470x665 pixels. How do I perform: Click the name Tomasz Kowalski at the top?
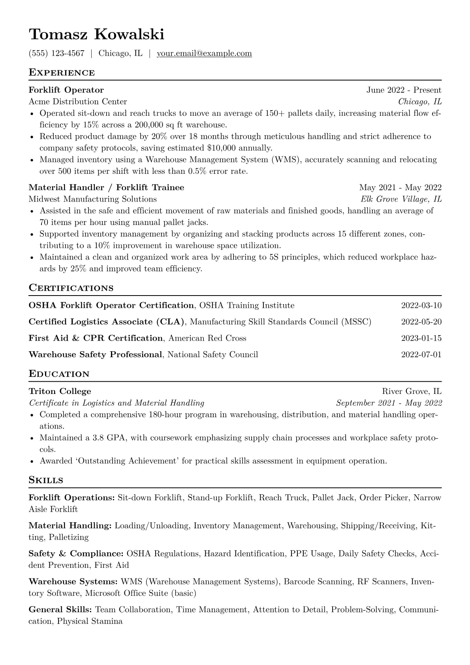pyautogui.click(x=96, y=35)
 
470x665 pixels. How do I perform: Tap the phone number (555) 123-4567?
pyautogui.click(x=56, y=53)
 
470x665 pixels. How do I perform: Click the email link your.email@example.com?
pyautogui.click(x=204, y=53)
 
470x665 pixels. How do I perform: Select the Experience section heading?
pyautogui.click(x=62, y=73)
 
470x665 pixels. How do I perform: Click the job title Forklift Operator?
pyautogui.click(x=66, y=90)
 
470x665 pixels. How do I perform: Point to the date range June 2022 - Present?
pyautogui.click(x=404, y=90)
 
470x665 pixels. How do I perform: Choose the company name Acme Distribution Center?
pyautogui.click(x=78, y=102)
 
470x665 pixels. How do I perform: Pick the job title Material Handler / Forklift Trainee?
pyautogui.click(x=106, y=187)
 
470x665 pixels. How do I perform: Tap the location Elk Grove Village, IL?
pyautogui.click(x=401, y=199)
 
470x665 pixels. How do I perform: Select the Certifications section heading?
pyautogui.click(x=71, y=288)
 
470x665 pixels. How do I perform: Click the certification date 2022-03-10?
pyautogui.click(x=421, y=305)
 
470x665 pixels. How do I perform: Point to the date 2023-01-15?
pyautogui.click(x=421, y=338)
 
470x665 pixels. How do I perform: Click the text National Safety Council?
pyautogui.click(x=212, y=354)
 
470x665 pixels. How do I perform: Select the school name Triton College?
pyautogui.click(x=60, y=391)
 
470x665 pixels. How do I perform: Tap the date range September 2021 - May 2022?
pyautogui.click(x=389, y=403)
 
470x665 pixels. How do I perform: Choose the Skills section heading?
pyautogui.click(x=46, y=480)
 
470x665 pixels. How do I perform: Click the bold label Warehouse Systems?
pyautogui.click(x=73, y=582)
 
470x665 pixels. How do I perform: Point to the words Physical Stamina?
pyautogui.click(x=90, y=621)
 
